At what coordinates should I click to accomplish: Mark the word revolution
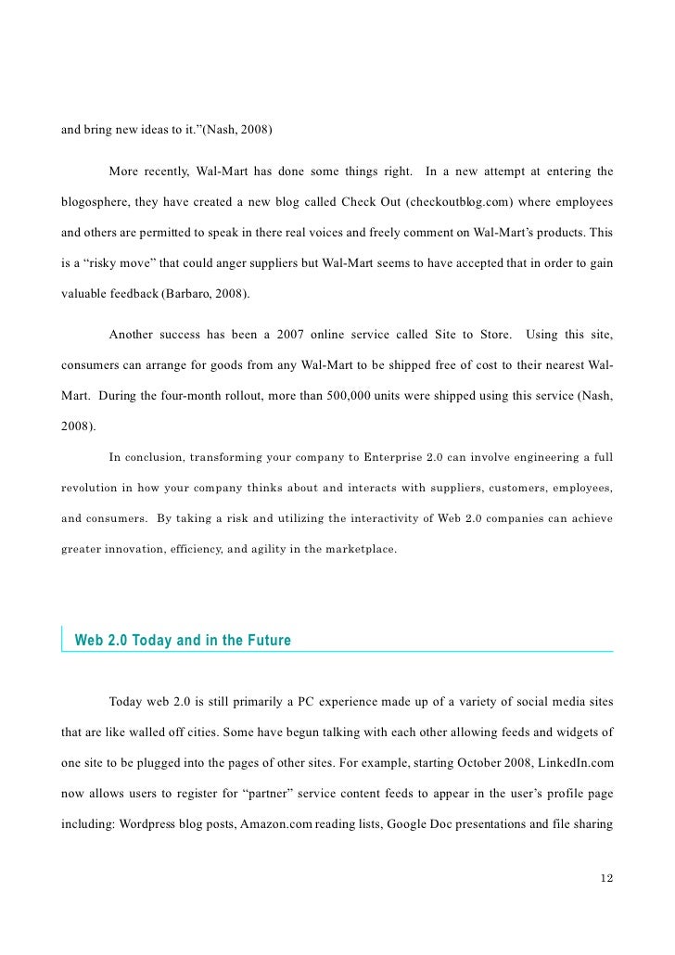(90, 488)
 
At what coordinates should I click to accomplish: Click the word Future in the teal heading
(266, 640)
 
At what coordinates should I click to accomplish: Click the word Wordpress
(151, 823)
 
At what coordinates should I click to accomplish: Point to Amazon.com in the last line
(275, 823)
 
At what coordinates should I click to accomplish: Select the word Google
(408, 823)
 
